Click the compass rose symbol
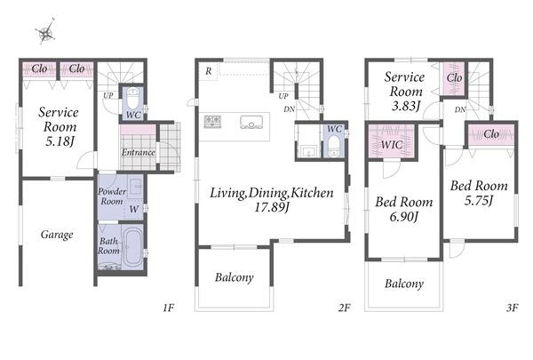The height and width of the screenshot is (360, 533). tap(45, 32)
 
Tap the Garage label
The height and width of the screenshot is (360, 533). tap(57, 235)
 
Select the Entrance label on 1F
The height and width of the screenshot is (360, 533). tap(138, 152)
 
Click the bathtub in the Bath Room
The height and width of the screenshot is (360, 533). tap(132, 246)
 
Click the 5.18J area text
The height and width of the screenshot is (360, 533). tap(60, 141)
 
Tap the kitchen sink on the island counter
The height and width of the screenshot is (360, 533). tap(251, 122)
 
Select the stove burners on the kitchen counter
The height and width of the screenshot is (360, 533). tap(212, 122)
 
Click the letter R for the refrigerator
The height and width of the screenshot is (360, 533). tap(209, 71)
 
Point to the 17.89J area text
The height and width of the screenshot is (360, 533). tap(272, 207)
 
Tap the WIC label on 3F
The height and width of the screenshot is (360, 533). tap(391, 145)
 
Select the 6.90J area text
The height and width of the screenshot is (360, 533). tap(403, 216)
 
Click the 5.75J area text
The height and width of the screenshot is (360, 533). tap(479, 200)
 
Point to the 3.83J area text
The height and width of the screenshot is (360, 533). tap(406, 106)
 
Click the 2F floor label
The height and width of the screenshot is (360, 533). tap(344, 308)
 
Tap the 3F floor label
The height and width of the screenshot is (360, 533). tap(512, 308)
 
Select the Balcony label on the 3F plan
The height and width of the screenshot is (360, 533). tap(404, 284)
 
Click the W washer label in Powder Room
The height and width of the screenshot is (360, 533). tap(133, 209)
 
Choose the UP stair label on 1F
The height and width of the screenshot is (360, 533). tap(108, 96)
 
